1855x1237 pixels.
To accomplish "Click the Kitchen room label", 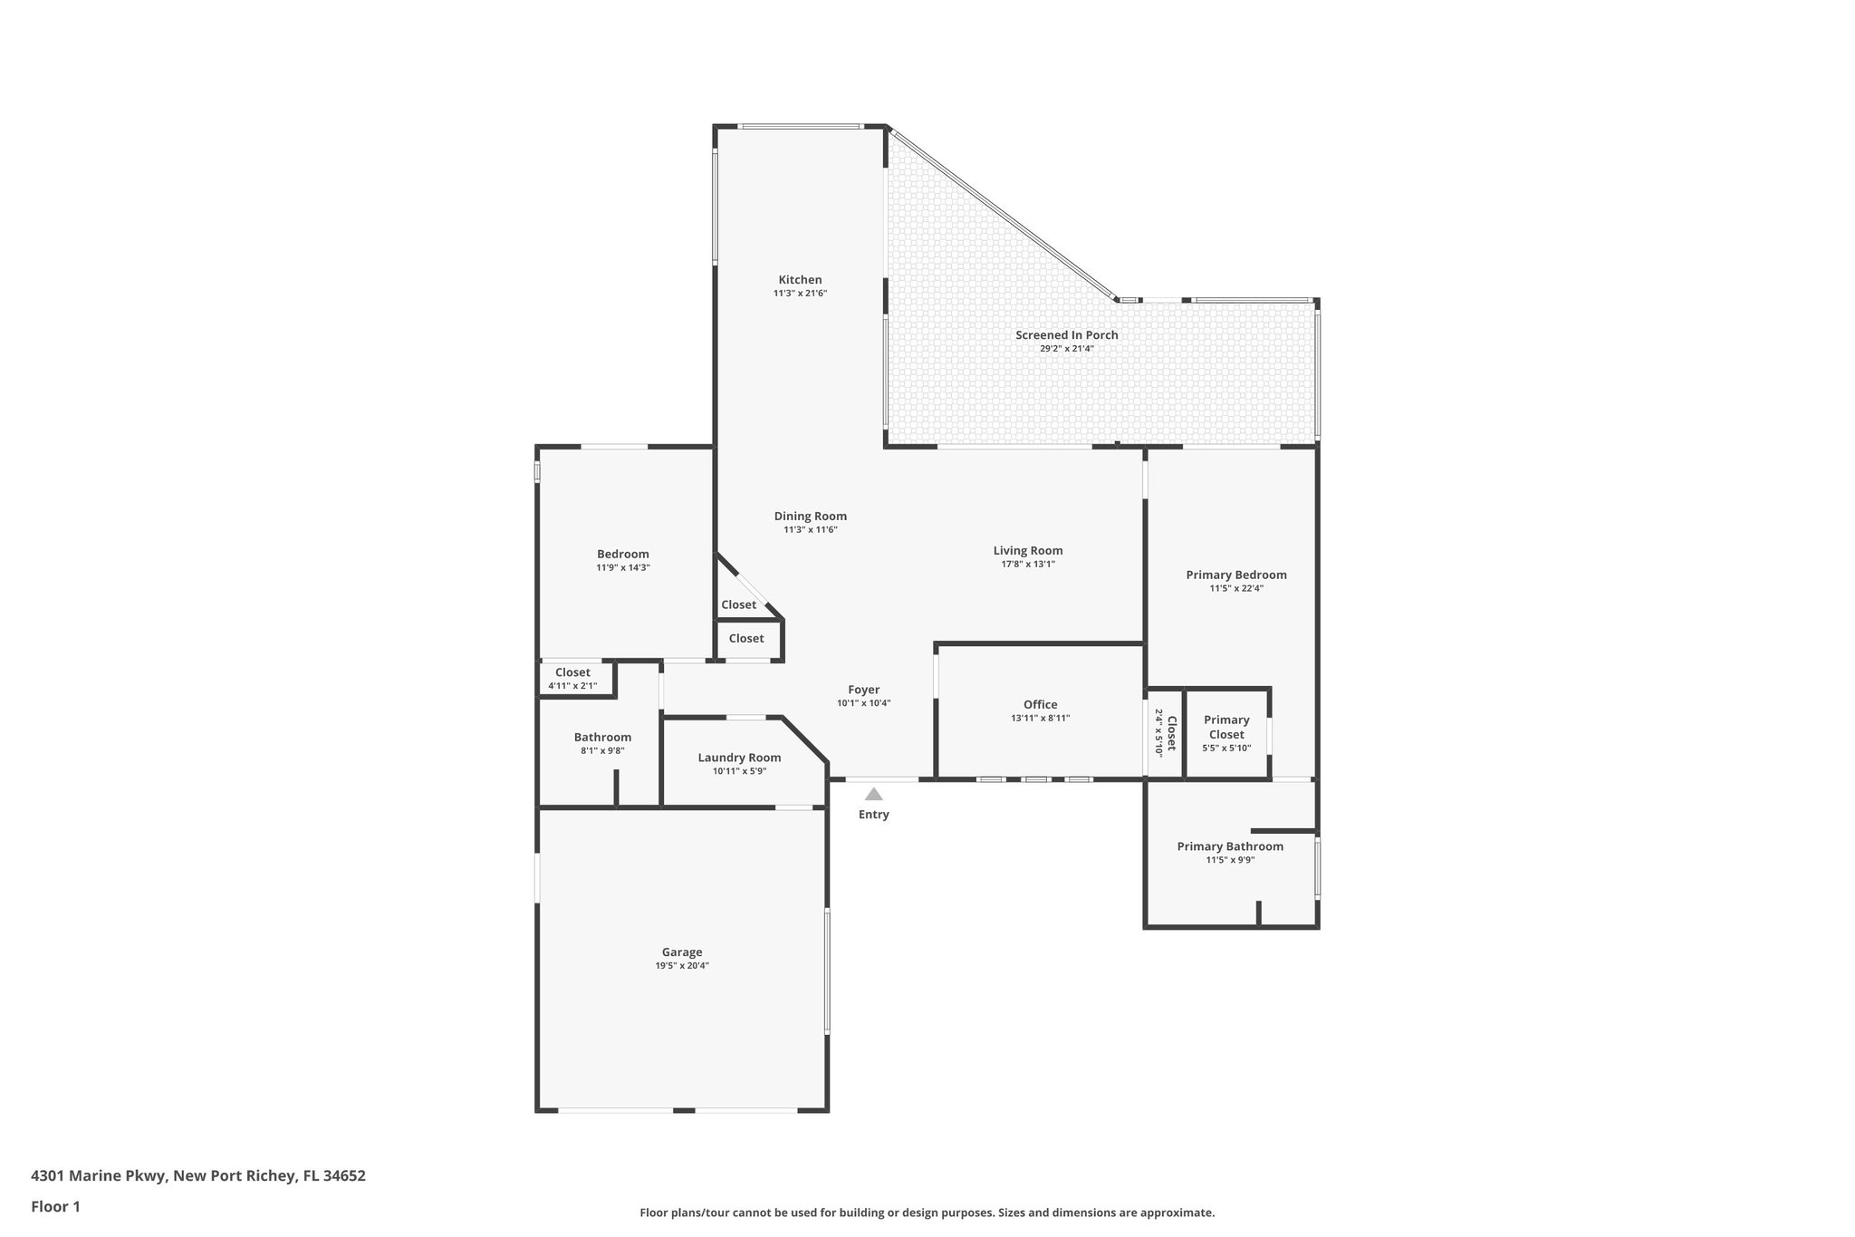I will [x=800, y=280].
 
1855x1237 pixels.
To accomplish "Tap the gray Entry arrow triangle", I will [x=873, y=795].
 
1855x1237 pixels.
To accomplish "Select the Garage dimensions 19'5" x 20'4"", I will [x=682, y=966].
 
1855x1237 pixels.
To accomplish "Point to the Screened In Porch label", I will [x=1066, y=335].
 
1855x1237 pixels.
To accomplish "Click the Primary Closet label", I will [x=1226, y=728].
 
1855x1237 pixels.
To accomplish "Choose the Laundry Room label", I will [x=739, y=758].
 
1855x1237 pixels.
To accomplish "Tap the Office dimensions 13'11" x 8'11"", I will [x=1040, y=719].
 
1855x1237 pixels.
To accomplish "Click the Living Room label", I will [x=1027, y=551].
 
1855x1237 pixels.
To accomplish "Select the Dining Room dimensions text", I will [x=810, y=530].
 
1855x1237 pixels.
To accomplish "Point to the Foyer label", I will [x=863, y=690].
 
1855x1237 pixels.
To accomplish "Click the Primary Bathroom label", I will [x=1229, y=846].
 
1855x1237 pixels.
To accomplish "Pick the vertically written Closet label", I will [x=1170, y=733].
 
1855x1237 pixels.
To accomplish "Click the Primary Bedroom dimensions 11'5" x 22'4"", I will [x=1236, y=588].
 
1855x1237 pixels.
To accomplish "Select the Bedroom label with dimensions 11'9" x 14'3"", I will [x=622, y=555].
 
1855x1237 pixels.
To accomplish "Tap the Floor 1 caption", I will [x=55, y=1207].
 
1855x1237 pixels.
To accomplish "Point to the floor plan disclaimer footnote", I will [x=927, y=1213].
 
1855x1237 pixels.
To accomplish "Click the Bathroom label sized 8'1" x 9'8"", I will [x=602, y=738].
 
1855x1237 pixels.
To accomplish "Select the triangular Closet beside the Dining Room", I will [x=738, y=605].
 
